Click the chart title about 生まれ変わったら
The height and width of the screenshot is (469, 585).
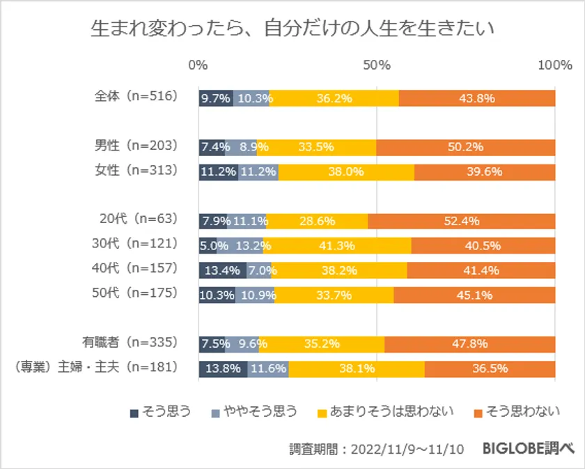coord(292,29)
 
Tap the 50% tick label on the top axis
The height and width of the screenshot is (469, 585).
coord(377,65)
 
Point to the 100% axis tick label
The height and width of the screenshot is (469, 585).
coord(554,65)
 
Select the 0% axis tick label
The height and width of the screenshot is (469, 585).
coord(198,65)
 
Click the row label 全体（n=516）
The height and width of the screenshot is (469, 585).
coord(136,98)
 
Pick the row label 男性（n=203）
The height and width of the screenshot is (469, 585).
coord(136,147)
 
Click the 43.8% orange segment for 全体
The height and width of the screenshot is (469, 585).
coord(477,98)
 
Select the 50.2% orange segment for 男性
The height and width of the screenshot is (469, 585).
coord(465,147)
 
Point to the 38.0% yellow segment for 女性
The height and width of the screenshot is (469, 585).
coord(346,172)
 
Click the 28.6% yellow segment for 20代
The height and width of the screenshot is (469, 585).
coord(317,221)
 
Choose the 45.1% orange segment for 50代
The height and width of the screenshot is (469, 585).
coord(474,294)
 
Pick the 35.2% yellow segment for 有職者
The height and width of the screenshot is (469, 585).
coord(321,344)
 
